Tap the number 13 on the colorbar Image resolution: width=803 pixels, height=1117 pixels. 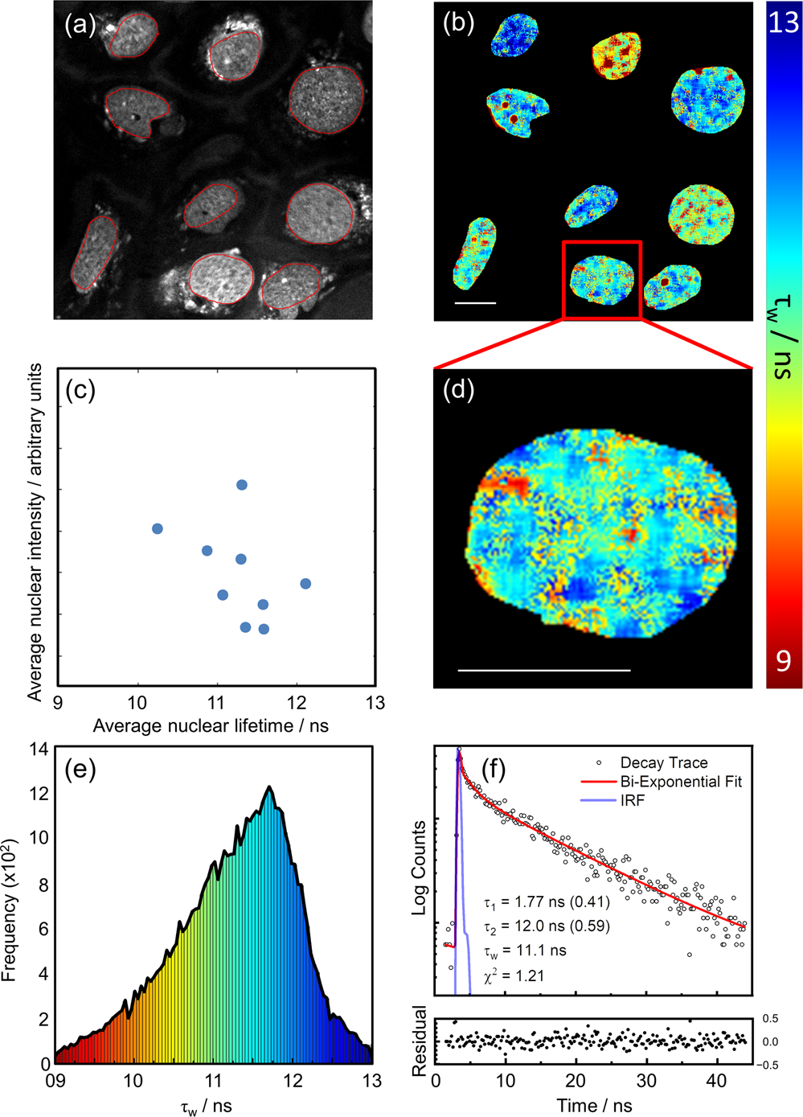[783, 22]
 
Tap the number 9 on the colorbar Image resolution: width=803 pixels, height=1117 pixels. [783, 661]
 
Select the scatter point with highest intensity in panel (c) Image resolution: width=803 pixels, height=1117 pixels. [241, 485]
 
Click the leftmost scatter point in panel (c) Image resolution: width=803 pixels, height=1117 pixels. [158, 528]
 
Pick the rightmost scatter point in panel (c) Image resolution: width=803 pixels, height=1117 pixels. [305, 584]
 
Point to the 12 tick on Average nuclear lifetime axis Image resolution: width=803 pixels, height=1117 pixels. [296, 704]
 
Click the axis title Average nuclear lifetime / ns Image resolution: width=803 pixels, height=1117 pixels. [211, 726]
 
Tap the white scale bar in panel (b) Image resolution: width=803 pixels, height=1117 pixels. [475, 303]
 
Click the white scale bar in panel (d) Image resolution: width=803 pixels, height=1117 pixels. [544, 670]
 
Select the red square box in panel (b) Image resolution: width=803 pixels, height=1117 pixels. [602, 279]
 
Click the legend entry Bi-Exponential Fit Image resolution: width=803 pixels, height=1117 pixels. [680, 782]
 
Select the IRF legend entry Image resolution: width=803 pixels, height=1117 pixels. [632, 801]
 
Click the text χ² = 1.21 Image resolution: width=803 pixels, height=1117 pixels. [514, 975]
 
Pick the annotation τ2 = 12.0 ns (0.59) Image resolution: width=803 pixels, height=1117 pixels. [547, 926]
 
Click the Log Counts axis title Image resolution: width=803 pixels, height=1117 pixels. [419, 868]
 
